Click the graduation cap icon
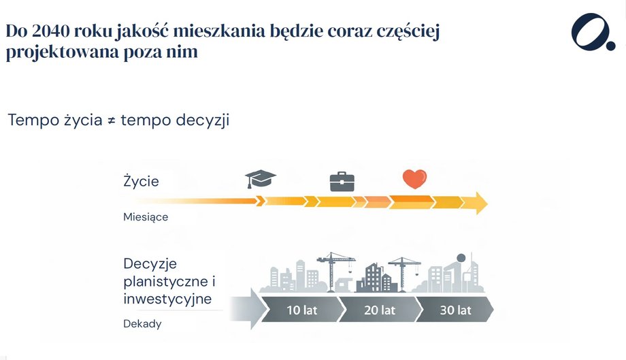click(x=260, y=179)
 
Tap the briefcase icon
click(x=342, y=180)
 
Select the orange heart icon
click(x=414, y=179)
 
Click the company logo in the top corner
click(x=593, y=31)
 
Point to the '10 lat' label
click(x=301, y=310)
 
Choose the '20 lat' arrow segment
click(x=378, y=310)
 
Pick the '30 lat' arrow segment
click(x=455, y=310)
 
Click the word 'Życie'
click(x=141, y=182)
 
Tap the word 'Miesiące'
click(x=146, y=217)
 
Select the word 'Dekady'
click(x=142, y=323)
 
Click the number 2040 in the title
click(x=52, y=31)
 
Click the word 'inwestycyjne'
click(x=167, y=299)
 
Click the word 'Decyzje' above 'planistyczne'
click(x=150, y=263)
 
